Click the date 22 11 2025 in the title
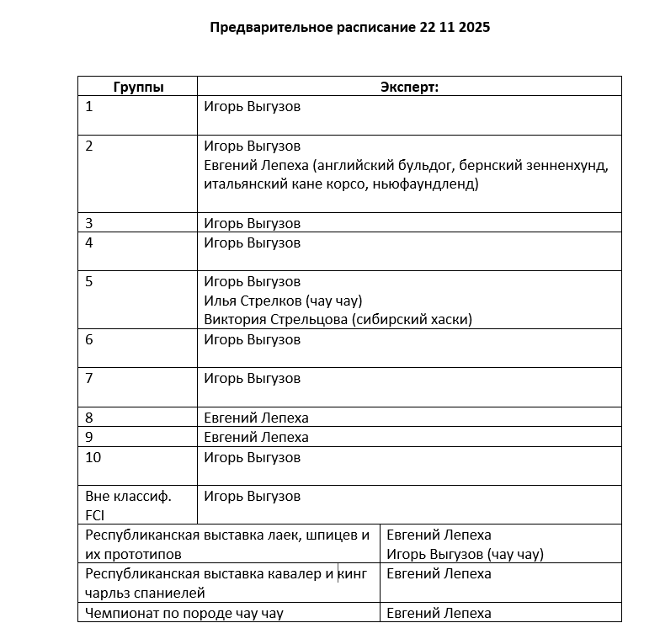click(x=455, y=27)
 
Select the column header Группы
click(x=138, y=87)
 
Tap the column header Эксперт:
click(x=409, y=87)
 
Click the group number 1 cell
click(x=90, y=107)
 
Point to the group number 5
click(x=90, y=281)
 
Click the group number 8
click(x=90, y=418)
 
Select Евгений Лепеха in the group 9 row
click(x=256, y=437)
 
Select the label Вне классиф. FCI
click(x=128, y=505)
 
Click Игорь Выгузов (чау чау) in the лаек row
click(x=465, y=554)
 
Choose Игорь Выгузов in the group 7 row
click(x=252, y=378)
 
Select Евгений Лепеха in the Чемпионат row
click(x=439, y=613)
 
